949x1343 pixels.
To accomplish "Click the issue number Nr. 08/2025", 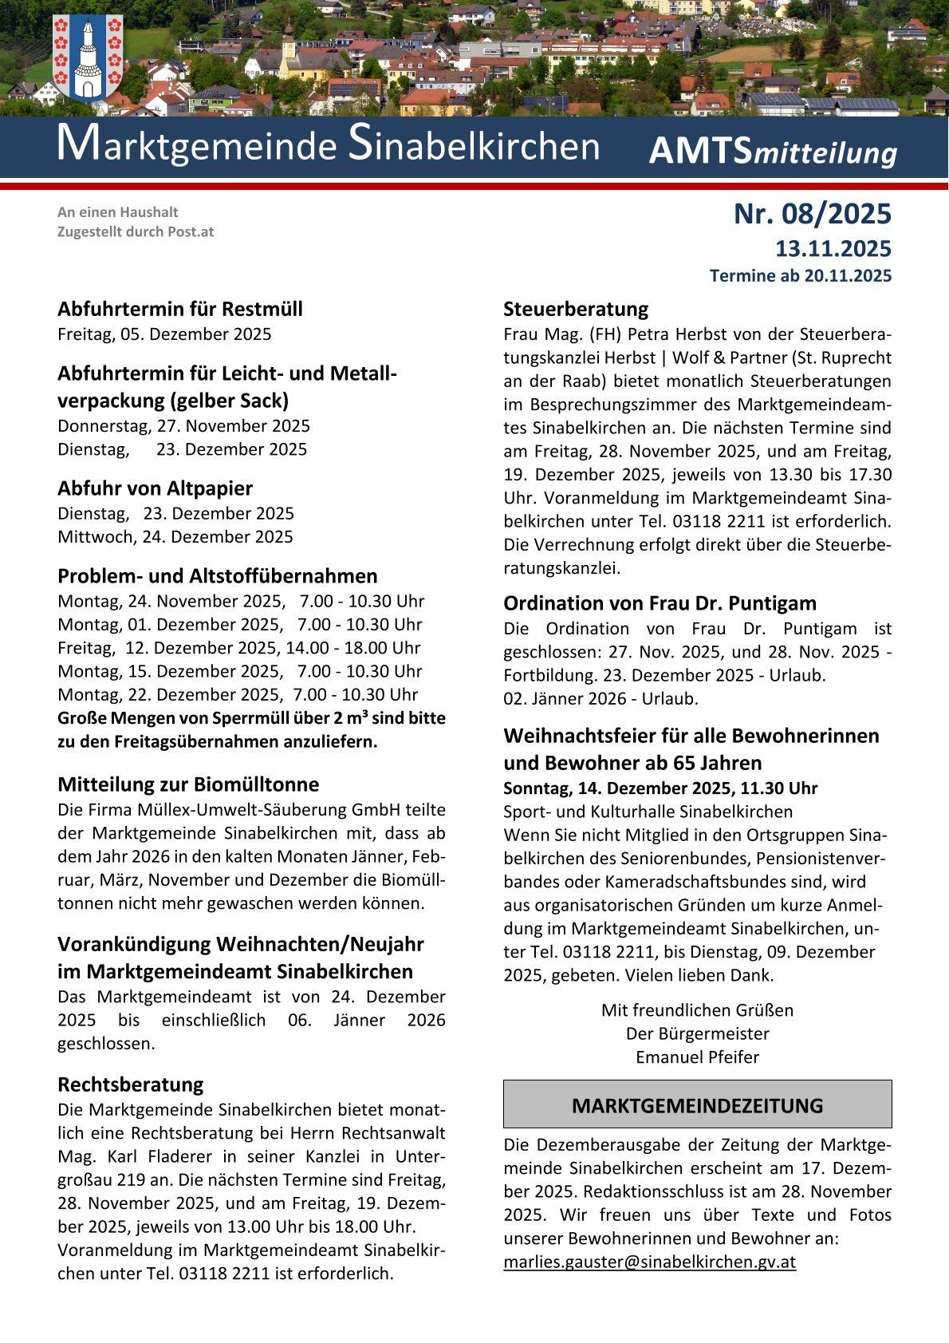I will pos(812,214).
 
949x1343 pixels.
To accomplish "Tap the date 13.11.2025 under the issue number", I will pos(833,249).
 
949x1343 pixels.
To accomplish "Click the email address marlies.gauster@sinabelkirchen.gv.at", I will pos(649,1262).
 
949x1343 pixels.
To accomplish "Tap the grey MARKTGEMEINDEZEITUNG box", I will pos(697,1105).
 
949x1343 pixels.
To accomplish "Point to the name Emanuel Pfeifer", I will pos(697,1057).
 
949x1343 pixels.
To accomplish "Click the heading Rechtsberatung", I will pos(130,1084).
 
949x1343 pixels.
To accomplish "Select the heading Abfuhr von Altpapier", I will pos(155,488).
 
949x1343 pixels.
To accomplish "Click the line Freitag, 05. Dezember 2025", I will pos(164,334).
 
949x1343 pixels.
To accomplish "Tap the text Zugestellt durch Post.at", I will pos(136,232).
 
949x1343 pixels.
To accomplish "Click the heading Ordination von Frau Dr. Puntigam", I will pos(660,602).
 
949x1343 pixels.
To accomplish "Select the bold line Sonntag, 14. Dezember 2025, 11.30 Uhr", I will pos(660,788).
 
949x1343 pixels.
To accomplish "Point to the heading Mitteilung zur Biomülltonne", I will pos(187,784).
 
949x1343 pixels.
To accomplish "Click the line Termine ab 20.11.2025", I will pos(800,276).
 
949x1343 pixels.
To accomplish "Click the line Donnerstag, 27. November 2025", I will pos(183,425).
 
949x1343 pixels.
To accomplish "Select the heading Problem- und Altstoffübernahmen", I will pos(217,575).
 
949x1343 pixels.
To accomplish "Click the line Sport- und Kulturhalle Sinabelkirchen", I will pos(648,812).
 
